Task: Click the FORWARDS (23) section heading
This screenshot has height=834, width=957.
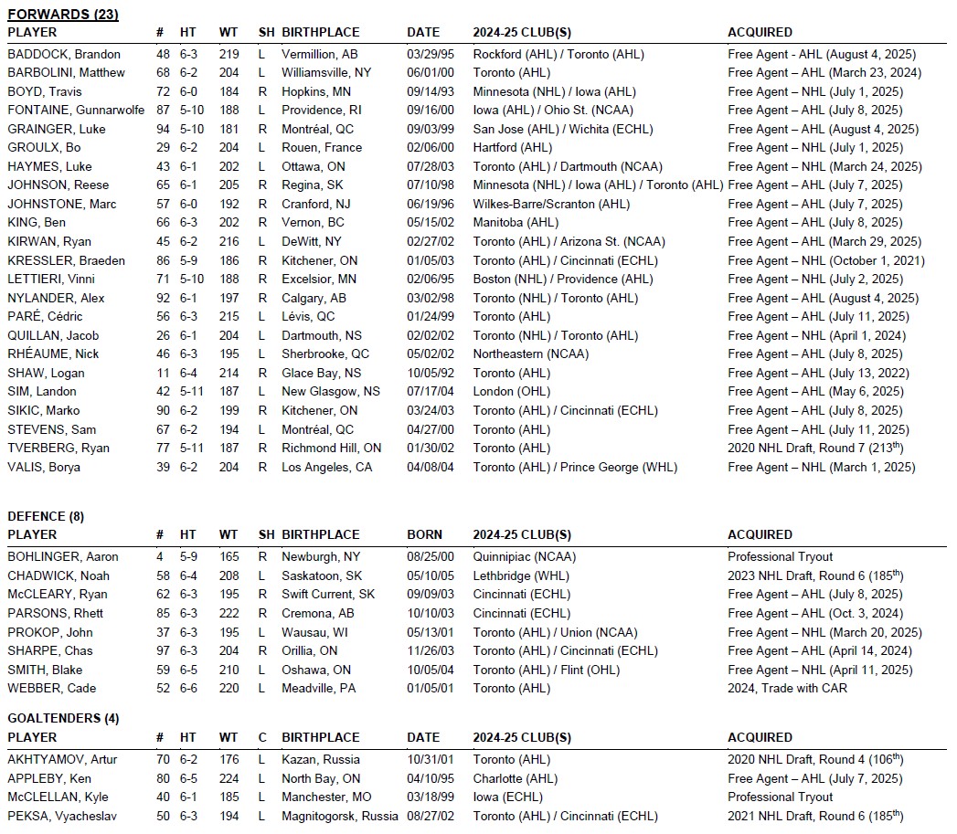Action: coord(63,15)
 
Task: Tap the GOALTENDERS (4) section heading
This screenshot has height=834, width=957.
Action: coord(63,719)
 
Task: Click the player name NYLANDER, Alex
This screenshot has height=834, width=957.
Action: coord(56,298)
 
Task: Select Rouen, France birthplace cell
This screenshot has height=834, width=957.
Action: coord(322,148)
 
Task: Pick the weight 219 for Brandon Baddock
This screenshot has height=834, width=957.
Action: coord(229,54)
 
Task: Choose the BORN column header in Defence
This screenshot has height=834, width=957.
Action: coord(424,534)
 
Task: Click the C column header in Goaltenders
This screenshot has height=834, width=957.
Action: coord(262,737)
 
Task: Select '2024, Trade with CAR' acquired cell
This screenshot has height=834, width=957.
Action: coord(787,689)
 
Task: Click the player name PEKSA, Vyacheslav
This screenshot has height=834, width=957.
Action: coord(58,816)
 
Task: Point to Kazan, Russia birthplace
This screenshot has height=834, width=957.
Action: coord(321,759)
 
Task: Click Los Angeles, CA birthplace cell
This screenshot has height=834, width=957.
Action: coord(327,467)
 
